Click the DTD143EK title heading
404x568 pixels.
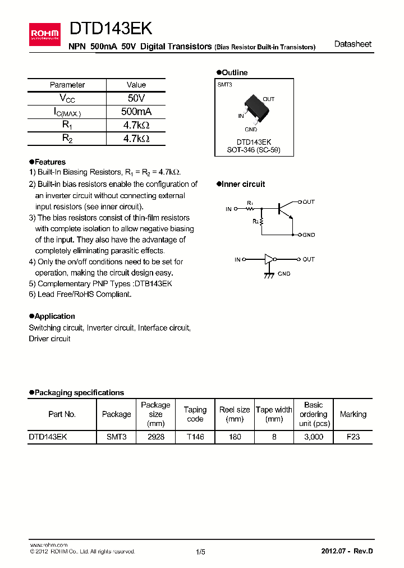pyautogui.click(x=111, y=29)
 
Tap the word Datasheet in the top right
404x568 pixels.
pyautogui.click(x=352, y=44)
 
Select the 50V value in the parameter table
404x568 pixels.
pyautogui.click(x=136, y=98)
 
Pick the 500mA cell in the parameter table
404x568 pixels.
pyautogui.click(x=136, y=112)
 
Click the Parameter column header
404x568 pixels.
pyautogui.click(x=67, y=85)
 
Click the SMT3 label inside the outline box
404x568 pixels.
pyautogui.click(x=225, y=84)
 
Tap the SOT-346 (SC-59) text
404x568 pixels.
pyautogui.click(x=254, y=150)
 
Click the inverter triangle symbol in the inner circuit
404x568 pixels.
pyautogui.click(x=270, y=259)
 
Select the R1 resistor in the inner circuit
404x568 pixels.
pyautogui.click(x=250, y=209)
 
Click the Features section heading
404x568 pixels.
pyautogui.click(x=49, y=162)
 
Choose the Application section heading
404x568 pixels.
pyautogui.click(x=54, y=316)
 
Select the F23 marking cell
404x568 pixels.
pyautogui.click(x=353, y=436)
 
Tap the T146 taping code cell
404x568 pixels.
pyautogui.click(x=195, y=436)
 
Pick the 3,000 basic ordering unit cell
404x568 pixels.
pyautogui.click(x=313, y=436)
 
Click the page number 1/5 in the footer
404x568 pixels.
pyautogui.click(x=200, y=552)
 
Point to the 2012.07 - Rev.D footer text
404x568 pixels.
pyautogui.click(x=347, y=551)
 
